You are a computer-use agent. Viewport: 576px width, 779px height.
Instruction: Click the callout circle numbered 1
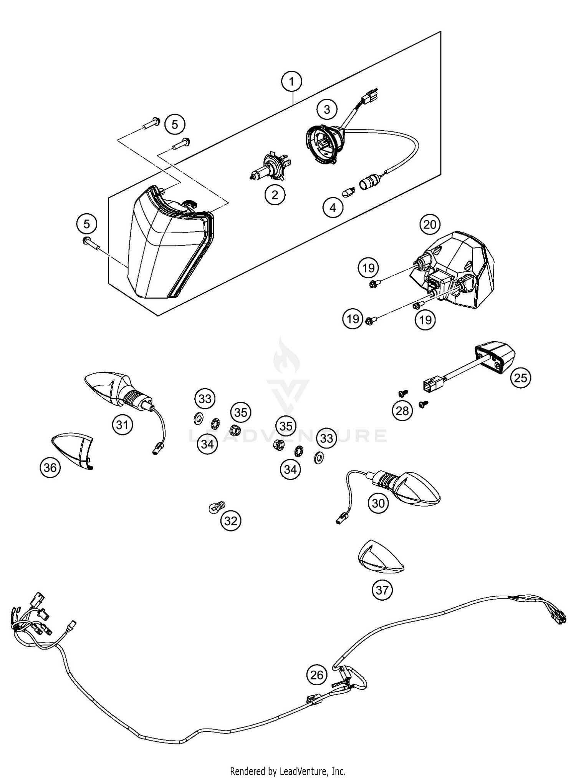pyautogui.click(x=291, y=81)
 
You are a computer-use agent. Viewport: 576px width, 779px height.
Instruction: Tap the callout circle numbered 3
pyautogui.click(x=327, y=110)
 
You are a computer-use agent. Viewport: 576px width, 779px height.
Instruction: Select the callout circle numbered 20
pyautogui.click(x=430, y=224)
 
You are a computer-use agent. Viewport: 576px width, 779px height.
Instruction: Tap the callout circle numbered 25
pyautogui.click(x=520, y=378)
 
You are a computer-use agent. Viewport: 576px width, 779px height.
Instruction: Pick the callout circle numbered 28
pyautogui.click(x=402, y=411)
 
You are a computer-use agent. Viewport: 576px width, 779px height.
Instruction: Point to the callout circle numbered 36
pyautogui.click(x=50, y=467)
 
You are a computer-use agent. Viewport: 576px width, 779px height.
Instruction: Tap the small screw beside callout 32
pyautogui.click(x=217, y=507)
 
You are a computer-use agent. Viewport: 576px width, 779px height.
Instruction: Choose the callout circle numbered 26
pyautogui.click(x=317, y=675)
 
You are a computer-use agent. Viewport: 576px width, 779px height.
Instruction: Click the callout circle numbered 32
pyautogui.click(x=231, y=521)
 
